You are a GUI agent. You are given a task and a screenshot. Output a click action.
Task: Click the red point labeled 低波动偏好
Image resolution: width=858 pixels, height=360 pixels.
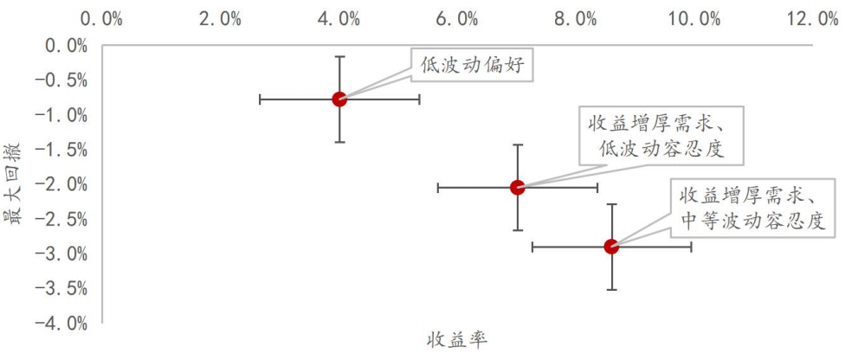pyautogui.click(x=339, y=99)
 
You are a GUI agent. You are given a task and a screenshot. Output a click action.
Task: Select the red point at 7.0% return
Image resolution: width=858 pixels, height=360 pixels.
pyautogui.click(x=518, y=187)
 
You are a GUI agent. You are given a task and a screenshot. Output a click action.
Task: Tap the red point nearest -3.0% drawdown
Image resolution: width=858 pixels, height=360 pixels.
pyautogui.click(x=611, y=247)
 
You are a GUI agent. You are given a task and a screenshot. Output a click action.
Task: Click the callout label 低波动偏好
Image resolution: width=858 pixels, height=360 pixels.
pyautogui.click(x=472, y=64)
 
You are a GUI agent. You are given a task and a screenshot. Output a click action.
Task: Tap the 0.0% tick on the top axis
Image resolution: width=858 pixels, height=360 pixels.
pyautogui.click(x=102, y=18)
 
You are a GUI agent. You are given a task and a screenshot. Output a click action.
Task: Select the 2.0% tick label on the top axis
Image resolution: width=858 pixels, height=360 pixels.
pyautogui.click(x=220, y=18)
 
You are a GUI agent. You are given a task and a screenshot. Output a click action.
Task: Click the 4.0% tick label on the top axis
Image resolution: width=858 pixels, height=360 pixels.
pyautogui.click(x=339, y=18)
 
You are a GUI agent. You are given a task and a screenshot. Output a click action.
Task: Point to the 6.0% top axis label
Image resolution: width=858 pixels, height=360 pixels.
pyautogui.click(x=457, y=18)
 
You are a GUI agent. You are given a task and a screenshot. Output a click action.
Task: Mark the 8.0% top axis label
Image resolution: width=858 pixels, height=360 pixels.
pyautogui.click(x=576, y=18)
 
